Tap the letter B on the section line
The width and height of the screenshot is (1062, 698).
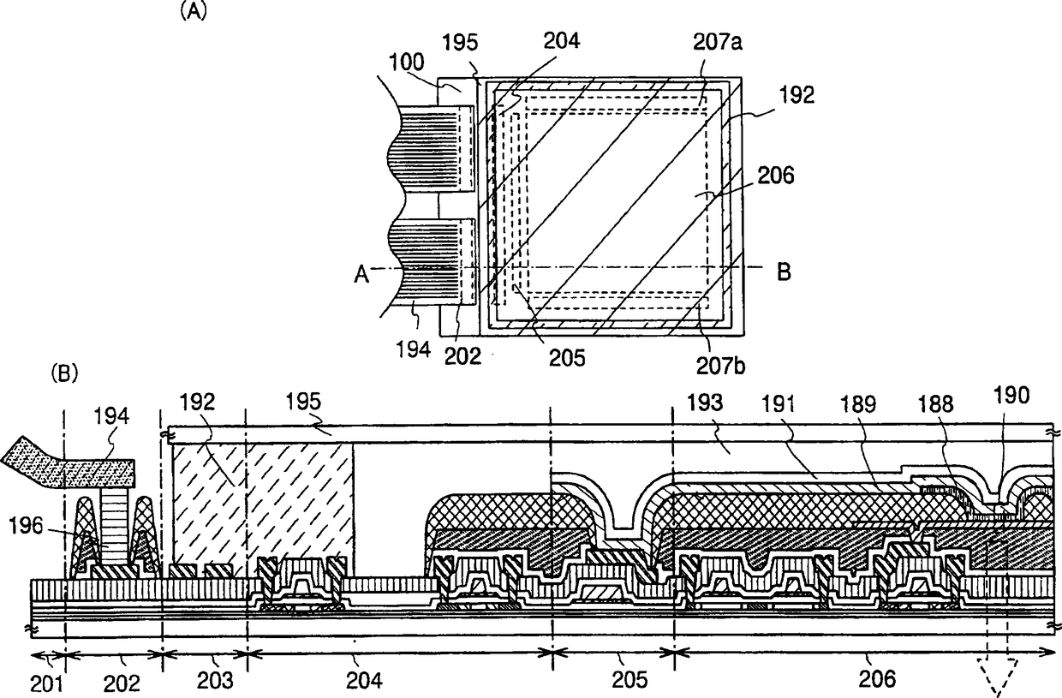[x=783, y=272]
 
